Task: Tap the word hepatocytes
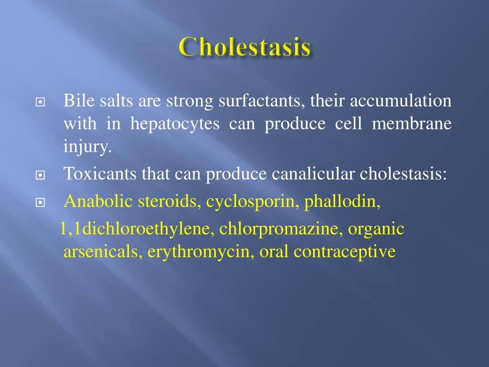175,124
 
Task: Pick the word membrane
412,124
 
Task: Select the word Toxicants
100,174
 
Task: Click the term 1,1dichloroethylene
137,229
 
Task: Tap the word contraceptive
345,251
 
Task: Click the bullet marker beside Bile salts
40,102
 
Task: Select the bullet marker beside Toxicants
40,175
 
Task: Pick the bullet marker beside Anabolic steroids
40,202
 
